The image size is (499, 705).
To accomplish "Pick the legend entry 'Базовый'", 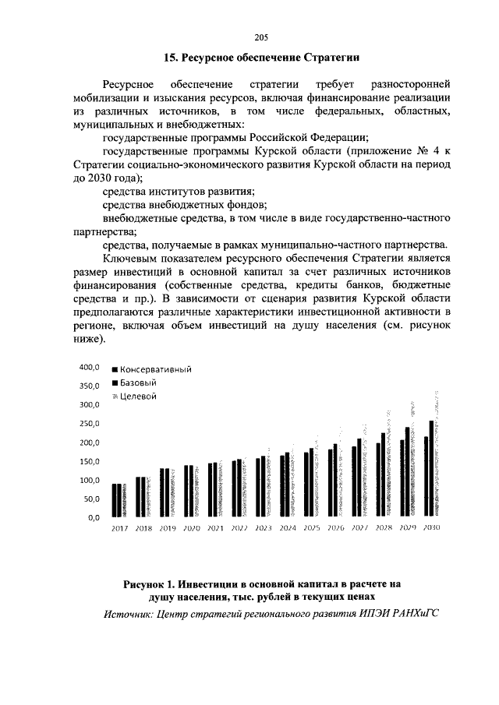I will (140, 382).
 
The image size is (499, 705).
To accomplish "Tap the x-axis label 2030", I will (431, 528).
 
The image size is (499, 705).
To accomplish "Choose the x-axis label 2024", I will (288, 528).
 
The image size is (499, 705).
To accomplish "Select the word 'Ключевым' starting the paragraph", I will (129, 259).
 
